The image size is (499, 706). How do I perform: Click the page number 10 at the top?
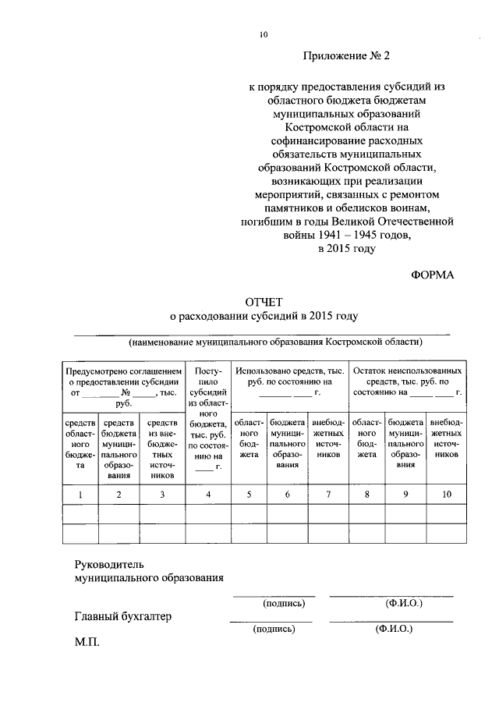point(264,34)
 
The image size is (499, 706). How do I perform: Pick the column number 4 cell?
point(208,494)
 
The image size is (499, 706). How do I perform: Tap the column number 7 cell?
point(328,494)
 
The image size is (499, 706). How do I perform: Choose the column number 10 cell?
point(447,494)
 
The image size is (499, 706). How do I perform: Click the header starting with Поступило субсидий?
point(208,418)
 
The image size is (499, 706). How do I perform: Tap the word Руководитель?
point(110,563)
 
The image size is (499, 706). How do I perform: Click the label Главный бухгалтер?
point(122,616)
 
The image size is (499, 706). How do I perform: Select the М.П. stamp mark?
point(87,644)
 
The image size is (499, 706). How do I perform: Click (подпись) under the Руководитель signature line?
point(278,603)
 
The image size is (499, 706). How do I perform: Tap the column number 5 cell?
point(248,494)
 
